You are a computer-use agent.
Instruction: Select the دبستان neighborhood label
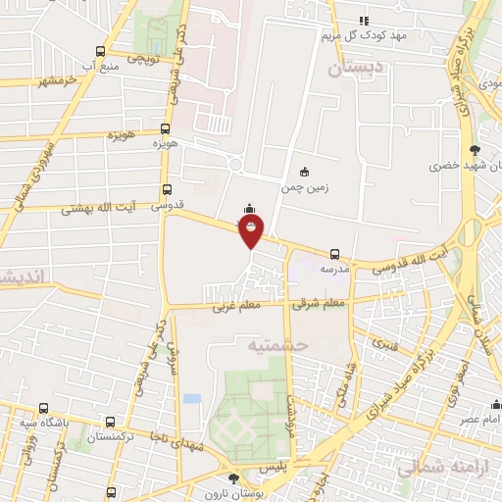352,69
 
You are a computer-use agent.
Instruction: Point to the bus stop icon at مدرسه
335,253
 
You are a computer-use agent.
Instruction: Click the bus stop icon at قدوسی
165,192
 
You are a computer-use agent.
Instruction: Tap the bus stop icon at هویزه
165,128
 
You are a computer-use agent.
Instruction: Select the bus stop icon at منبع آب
100,52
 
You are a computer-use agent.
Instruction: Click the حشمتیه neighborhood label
277,345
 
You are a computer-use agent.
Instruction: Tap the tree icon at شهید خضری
476,150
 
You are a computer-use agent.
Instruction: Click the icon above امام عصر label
496,404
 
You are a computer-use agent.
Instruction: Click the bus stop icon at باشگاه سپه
43,409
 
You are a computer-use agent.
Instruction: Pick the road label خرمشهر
58,80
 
